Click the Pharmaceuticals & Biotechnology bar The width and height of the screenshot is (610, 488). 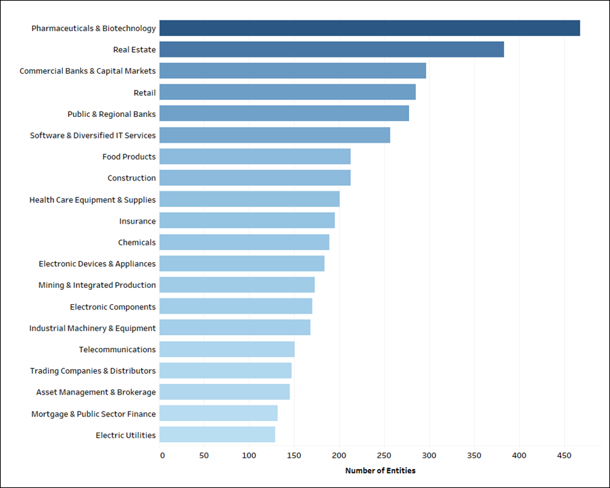pyautogui.click(x=370, y=28)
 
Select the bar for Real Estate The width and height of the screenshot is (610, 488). pyautogui.click(x=332, y=49)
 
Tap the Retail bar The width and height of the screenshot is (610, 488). pyautogui.click(x=288, y=92)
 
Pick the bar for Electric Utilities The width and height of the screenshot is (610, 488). pyautogui.click(x=218, y=435)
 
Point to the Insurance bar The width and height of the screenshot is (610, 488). pyautogui.click(x=248, y=220)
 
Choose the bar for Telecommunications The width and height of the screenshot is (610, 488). pyautogui.click(x=227, y=349)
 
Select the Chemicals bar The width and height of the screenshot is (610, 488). pyautogui.click(x=245, y=242)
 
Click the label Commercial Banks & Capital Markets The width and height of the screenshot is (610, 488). pyautogui.click(x=88, y=71)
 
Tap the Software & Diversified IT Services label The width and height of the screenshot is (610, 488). pyautogui.click(x=93, y=135)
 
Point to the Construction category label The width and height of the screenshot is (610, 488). pyautogui.click(x=132, y=178)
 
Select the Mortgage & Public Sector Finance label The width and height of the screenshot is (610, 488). pyautogui.click(x=93, y=414)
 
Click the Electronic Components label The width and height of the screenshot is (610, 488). pyautogui.click(x=113, y=307)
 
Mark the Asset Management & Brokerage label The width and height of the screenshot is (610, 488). pyautogui.click(x=96, y=392)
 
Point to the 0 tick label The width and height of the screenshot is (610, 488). pyautogui.click(x=162, y=456)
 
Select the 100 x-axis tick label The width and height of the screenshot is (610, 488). pyautogui.click(x=250, y=456)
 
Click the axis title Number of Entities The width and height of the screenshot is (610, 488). pyautogui.click(x=380, y=470)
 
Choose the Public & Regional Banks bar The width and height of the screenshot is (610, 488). pyautogui.click(x=285, y=114)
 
